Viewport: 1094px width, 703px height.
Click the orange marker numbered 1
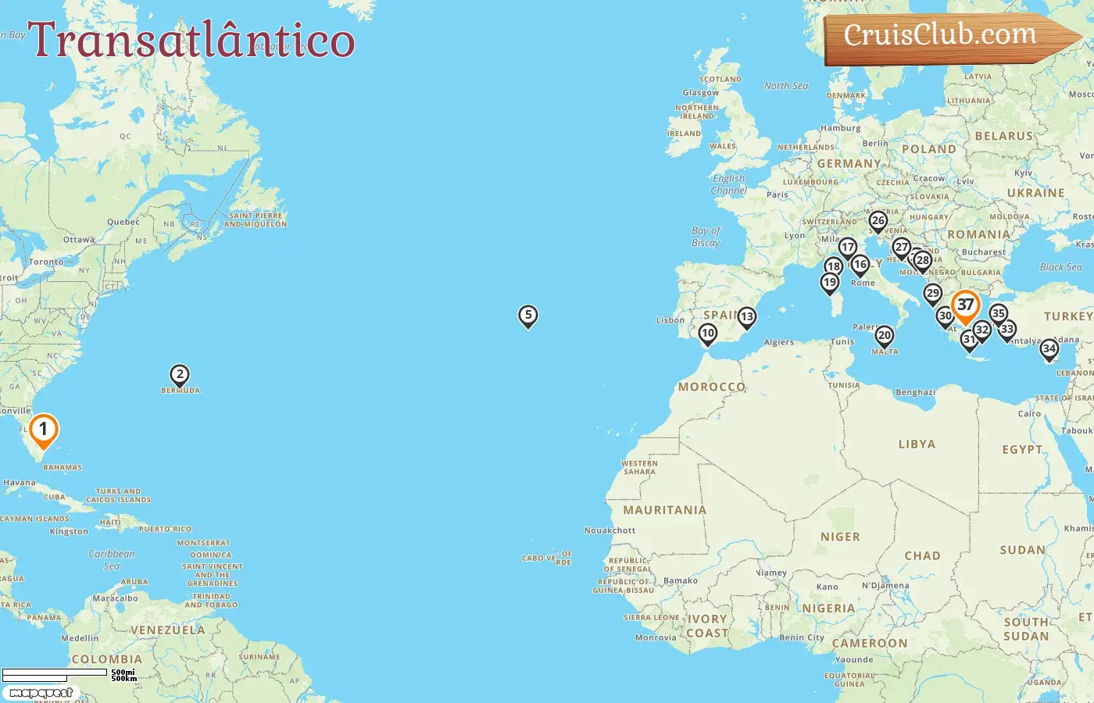(44, 430)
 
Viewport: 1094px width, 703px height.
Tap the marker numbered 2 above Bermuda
(180, 375)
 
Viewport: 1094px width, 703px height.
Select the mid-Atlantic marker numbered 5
(528, 316)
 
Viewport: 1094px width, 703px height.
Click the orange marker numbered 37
(966, 305)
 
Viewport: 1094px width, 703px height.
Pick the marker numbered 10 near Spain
(708, 334)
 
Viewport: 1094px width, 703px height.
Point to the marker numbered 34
(1049, 349)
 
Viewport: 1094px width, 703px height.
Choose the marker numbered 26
(878, 221)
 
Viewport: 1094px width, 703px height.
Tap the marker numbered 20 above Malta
(884, 336)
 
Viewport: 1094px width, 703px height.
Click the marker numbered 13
(747, 317)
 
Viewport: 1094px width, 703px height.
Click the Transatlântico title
(191, 40)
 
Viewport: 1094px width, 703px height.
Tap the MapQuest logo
(41, 692)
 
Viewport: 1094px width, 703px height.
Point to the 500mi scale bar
(55, 673)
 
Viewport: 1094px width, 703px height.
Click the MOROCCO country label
(711, 387)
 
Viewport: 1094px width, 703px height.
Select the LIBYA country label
(917, 444)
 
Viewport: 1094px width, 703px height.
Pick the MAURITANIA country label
(664, 510)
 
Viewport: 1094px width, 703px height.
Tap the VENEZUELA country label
(167, 630)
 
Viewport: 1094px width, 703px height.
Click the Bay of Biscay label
(706, 237)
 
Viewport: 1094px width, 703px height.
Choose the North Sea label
(786, 86)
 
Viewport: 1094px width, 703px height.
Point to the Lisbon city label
(670, 320)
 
